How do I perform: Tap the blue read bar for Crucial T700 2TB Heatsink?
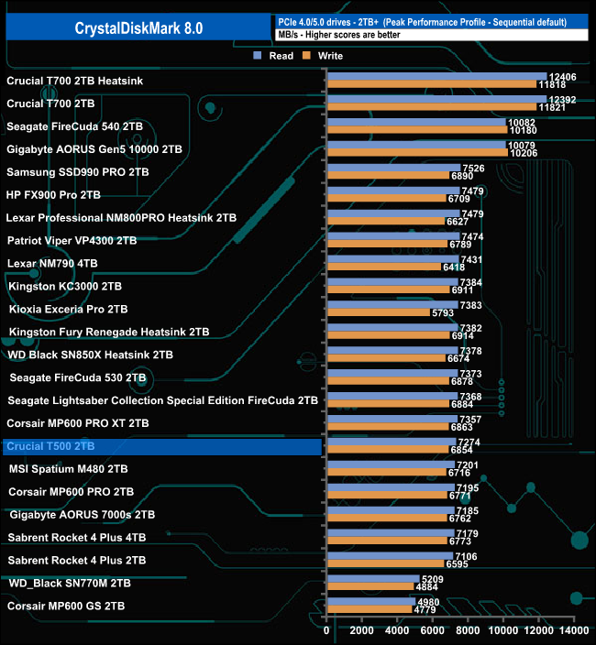click(x=436, y=77)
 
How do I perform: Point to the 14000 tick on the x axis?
click(x=574, y=631)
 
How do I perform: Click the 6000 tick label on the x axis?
click(x=433, y=631)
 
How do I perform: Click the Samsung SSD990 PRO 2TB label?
click(x=77, y=171)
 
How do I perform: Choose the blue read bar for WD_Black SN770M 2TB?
click(x=373, y=579)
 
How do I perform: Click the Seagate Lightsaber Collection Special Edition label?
click(x=162, y=400)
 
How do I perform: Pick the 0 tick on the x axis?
click(x=327, y=631)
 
